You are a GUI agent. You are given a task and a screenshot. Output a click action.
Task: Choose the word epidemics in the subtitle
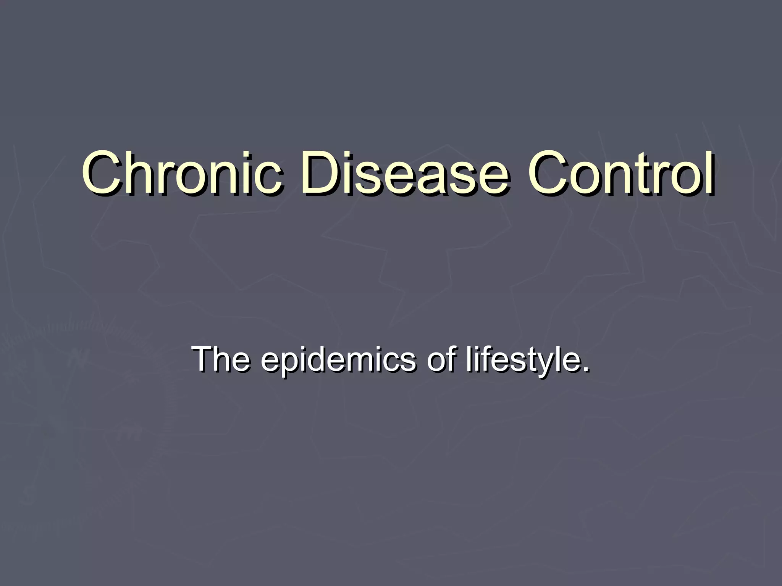[x=338, y=361]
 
